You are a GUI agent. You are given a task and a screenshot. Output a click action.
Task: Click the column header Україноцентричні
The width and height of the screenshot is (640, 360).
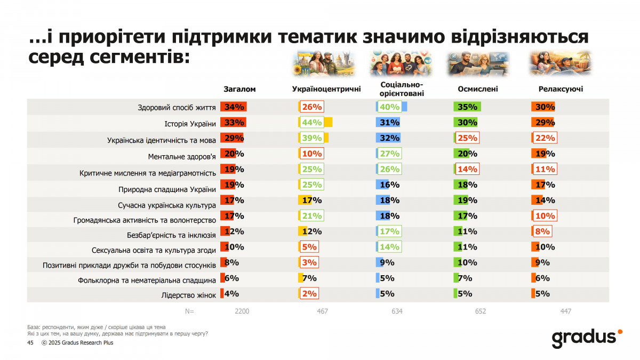[326, 89]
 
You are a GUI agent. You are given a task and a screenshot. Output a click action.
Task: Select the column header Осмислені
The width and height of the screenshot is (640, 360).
[478, 89]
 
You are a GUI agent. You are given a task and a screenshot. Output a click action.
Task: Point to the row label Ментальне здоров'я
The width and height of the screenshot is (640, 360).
[182, 157]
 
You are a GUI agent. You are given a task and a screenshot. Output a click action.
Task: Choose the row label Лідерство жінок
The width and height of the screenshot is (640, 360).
[188, 294]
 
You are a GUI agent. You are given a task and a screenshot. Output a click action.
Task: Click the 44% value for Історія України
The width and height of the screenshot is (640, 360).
[312, 122]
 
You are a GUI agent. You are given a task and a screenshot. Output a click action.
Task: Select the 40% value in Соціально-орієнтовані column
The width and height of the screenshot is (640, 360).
[390, 107]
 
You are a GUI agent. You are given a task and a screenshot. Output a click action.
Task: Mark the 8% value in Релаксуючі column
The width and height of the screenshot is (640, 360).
[542, 231]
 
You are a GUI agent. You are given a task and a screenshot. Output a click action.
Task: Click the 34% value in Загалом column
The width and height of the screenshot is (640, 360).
[235, 107]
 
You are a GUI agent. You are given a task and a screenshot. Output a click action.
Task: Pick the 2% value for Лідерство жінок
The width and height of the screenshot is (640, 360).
[309, 293]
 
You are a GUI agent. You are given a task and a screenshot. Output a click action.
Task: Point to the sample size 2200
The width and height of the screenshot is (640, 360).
[242, 311]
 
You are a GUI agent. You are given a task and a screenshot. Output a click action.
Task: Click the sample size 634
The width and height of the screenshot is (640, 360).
[397, 311]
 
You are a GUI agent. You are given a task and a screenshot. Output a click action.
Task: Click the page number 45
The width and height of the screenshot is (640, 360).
[30, 343]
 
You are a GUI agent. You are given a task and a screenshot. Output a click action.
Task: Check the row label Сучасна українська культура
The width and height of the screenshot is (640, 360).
[166, 205]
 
